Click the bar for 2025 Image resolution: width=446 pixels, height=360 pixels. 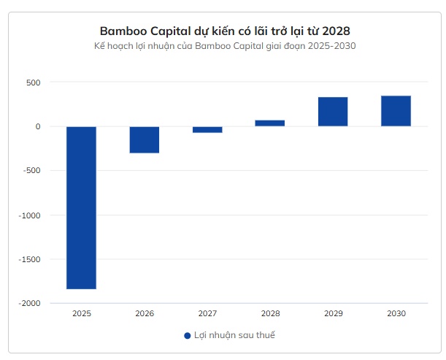81,207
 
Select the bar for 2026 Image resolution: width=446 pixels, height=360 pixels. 145,139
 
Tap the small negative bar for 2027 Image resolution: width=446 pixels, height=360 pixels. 207,129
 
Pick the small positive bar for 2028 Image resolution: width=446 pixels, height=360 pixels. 270,123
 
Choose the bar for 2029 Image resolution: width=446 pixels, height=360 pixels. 333,112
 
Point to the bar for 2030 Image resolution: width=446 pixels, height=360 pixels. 396,111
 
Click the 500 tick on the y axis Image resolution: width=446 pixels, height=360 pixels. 34,83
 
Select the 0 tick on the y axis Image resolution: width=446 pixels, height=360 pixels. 37,126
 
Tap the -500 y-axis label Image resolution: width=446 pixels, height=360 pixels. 31,171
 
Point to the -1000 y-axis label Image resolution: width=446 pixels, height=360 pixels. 30,215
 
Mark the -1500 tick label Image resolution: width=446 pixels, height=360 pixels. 30,259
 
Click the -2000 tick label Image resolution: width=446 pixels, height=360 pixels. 30,303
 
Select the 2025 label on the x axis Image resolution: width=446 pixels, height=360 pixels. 82,313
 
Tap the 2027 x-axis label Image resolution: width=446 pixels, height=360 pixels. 207,313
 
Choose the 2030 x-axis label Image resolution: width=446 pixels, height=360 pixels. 396,313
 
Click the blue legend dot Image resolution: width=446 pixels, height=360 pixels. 188,335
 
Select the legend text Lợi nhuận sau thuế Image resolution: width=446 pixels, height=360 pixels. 234,335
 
